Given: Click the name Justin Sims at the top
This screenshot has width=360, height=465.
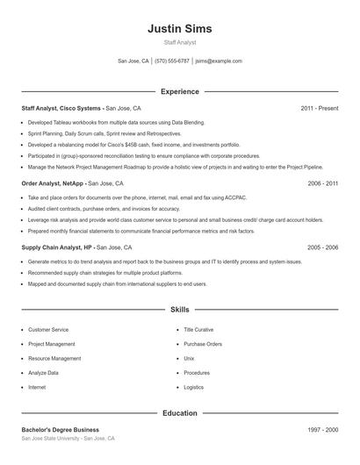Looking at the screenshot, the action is pos(180,28).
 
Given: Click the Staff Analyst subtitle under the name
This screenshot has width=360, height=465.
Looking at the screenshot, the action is pos(180,42).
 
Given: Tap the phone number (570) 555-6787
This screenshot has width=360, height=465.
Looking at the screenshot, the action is pos(172,61).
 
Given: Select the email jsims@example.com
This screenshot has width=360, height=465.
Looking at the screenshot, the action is pos(219,61).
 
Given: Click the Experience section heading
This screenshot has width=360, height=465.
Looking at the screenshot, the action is pos(180,91).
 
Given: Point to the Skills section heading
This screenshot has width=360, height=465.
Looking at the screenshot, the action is pos(180,310).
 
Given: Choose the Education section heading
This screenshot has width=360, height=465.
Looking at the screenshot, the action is pos(180,412).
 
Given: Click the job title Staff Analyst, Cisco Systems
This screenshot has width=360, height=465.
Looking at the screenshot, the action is pos(62,108).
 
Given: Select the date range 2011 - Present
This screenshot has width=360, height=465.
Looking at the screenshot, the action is pos(319,108).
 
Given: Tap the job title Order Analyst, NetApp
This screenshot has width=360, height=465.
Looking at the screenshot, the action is pos(53,184).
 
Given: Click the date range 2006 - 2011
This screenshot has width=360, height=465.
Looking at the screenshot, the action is pos(322,184).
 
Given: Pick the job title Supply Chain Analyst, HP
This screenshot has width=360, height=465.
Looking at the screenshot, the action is pos(58,248).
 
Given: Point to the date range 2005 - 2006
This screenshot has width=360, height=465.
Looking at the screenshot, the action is pos(322,248).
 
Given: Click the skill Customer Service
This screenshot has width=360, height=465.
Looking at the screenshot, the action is pos(48,330).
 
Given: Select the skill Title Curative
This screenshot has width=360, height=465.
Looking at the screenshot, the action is pos(198,330).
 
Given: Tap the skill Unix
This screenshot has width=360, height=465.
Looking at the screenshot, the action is pos(189,358).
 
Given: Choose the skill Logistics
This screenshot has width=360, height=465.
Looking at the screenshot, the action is pos(193,386).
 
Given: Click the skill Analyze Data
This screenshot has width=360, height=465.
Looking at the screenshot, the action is pos(44,372).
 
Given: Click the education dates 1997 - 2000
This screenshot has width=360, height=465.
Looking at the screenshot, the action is pos(322,430).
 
